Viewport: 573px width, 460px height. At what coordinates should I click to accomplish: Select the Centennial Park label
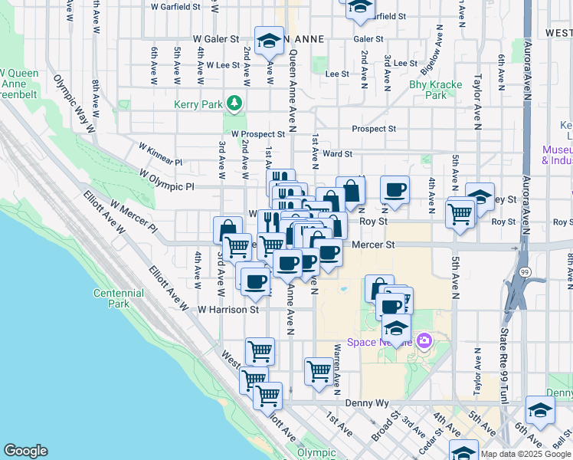[118, 298]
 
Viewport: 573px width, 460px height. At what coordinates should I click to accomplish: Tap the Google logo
[25, 451]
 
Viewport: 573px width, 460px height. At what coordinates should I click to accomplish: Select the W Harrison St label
[228, 310]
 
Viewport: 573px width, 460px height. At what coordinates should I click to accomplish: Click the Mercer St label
[373, 245]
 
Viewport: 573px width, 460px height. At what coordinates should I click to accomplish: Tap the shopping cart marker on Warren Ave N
[319, 371]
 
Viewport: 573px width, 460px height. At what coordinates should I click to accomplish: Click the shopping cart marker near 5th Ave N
[460, 213]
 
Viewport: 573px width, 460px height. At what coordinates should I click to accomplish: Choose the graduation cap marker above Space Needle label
[396, 329]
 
